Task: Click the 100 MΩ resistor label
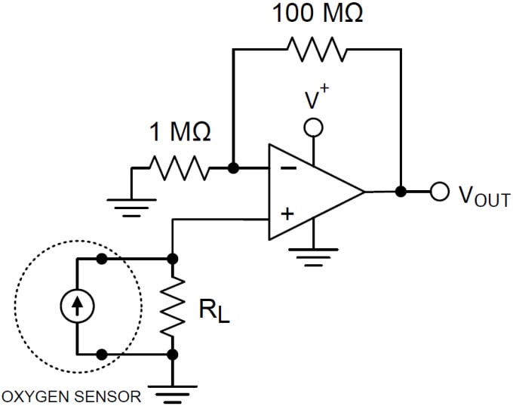[x=317, y=13]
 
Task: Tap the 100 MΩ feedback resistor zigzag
[x=316, y=49]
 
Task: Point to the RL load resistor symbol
[x=174, y=306]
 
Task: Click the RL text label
[x=213, y=309]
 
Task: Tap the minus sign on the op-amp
[x=287, y=169]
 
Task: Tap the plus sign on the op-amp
[x=287, y=214]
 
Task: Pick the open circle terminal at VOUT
[x=439, y=192]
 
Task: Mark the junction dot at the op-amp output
[x=401, y=192]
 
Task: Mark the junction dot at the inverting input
[x=233, y=168]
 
